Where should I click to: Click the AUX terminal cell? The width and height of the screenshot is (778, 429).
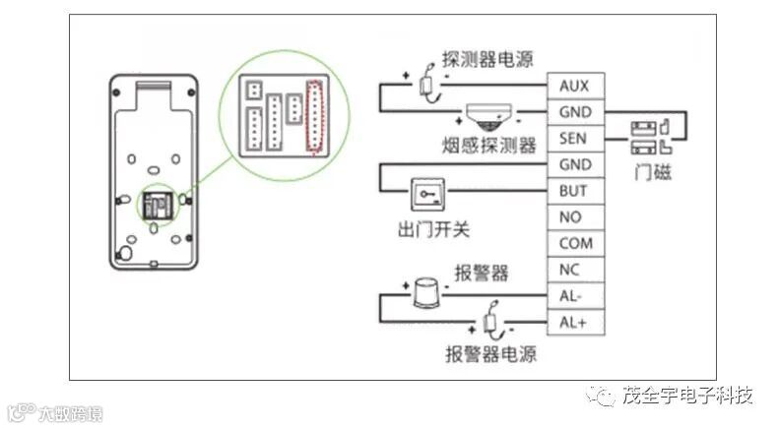point(574,87)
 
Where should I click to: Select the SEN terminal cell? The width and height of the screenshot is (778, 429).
point(574,138)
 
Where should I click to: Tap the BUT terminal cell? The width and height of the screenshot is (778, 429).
point(574,190)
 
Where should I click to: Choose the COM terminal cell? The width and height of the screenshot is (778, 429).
point(574,243)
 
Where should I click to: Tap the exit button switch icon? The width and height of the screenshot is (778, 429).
point(429,195)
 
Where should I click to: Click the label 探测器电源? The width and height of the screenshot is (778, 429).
point(488,59)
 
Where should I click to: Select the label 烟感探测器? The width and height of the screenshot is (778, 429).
point(488,147)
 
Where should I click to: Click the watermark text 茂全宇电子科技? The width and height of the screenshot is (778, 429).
point(687,397)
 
